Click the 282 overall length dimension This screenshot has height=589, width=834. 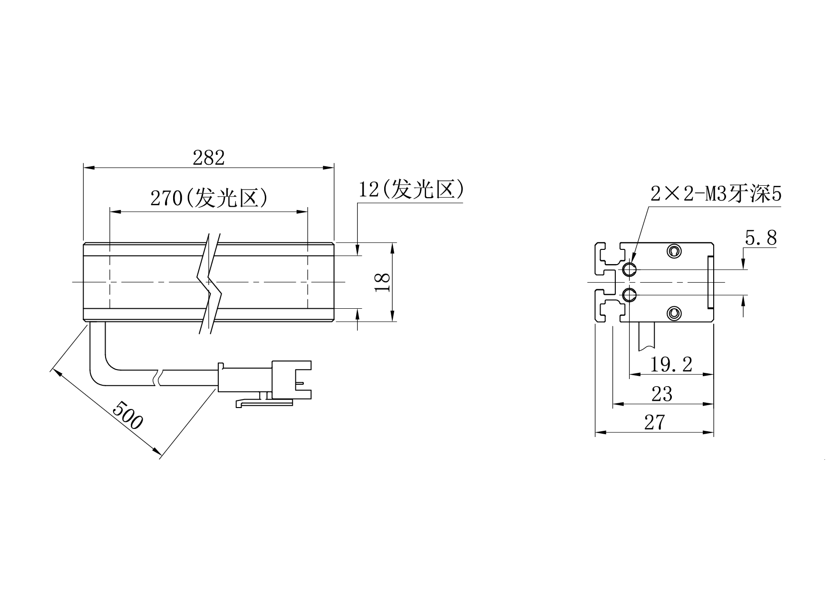(x=208, y=158)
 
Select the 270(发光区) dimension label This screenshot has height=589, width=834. (x=209, y=198)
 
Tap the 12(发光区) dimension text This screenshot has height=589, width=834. (x=411, y=189)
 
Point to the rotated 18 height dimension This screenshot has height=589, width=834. (x=383, y=283)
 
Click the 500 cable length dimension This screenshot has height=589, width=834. (x=127, y=415)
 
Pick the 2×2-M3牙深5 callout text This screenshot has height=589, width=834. (x=716, y=194)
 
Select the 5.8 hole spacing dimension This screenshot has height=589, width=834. (x=761, y=237)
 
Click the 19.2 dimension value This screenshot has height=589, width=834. (x=671, y=364)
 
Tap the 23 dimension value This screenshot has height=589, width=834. (x=662, y=394)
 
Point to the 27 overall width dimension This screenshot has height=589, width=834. (x=654, y=422)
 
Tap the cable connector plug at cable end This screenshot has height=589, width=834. (x=264, y=380)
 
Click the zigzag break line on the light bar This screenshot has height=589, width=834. (x=209, y=283)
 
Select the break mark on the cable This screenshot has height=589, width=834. (x=158, y=378)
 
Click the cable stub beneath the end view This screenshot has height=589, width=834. (x=645, y=337)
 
